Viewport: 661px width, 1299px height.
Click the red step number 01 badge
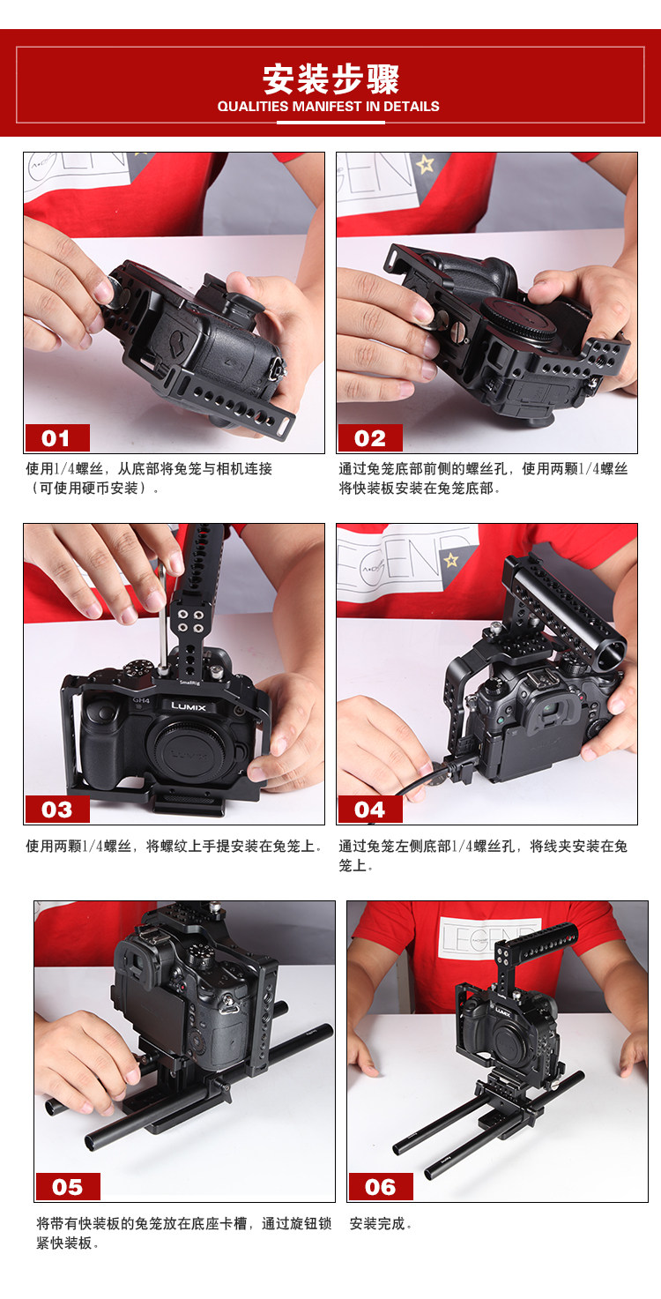(x=57, y=437)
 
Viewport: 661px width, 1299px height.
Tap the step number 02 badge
(x=370, y=437)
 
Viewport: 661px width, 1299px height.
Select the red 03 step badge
(x=57, y=809)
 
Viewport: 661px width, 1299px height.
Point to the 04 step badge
(x=370, y=809)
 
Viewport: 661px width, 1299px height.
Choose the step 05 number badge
(x=68, y=1186)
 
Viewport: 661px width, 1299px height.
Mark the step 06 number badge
(x=381, y=1186)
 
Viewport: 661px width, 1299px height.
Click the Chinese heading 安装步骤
(x=330, y=79)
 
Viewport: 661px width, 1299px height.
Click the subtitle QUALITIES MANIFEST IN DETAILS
(x=329, y=107)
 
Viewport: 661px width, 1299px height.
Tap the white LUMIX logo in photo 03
(x=189, y=706)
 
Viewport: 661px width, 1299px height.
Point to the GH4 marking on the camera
(x=141, y=700)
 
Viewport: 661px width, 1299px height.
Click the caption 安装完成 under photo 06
(x=380, y=1224)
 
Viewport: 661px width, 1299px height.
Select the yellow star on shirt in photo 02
(x=425, y=164)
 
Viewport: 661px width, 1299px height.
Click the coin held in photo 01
(x=116, y=290)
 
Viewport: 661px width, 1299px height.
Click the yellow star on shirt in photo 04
(x=450, y=560)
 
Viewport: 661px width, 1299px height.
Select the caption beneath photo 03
(x=175, y=847)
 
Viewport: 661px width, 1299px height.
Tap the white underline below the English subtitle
(x=330, y=123)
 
